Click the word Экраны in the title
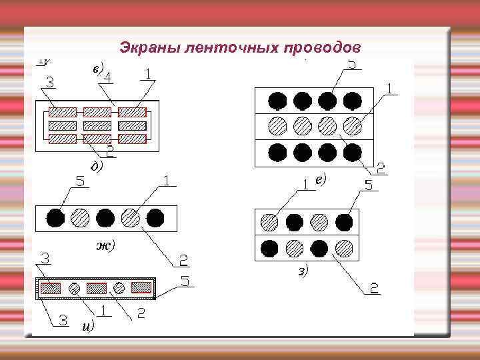click(143, 48)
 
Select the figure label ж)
click(105, 245)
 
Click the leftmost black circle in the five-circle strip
click(55, 218)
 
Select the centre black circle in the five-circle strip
click(105, 218)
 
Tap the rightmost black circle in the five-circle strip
click(155, 218)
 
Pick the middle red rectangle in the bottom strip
click(97, 288)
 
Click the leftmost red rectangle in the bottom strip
click(51, 288)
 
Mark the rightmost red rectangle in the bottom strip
click(141, 287)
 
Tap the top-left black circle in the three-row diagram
click(277, 101)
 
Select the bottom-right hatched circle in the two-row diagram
click(344, 248)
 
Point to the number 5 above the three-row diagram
click(352, 64)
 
